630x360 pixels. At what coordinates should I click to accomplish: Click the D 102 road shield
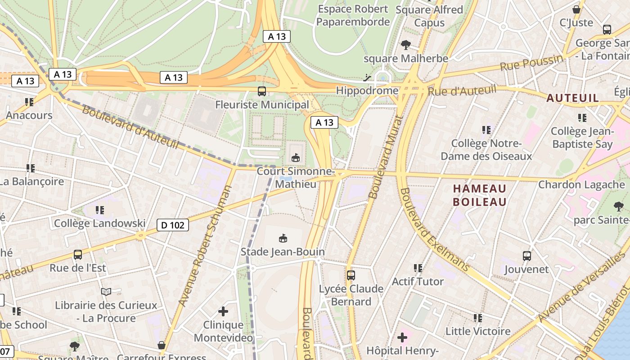coord(173,225)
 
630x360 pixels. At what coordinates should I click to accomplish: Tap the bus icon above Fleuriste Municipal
coord(261,91)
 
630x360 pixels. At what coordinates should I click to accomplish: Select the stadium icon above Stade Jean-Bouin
coord(283,238)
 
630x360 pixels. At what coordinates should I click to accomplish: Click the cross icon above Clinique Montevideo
coord(223,311)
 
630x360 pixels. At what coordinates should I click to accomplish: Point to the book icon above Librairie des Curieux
coord(106,292)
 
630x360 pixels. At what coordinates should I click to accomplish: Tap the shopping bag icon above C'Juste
coord(576,9)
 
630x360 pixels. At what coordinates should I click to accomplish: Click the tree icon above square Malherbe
coord(406,45)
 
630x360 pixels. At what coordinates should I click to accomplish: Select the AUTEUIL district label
coord(572,98)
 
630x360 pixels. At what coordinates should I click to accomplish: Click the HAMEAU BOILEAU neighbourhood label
coord(480,195)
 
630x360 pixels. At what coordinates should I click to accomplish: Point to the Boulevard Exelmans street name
coord(434,229)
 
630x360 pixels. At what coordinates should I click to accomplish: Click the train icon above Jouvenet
coord(526,256)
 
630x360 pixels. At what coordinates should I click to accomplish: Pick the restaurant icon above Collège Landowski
coord(100,210)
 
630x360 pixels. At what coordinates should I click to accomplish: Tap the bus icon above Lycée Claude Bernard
coord(351,275)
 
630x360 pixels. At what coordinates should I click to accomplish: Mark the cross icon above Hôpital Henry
coord(402,337)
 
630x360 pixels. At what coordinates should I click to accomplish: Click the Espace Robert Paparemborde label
coord(353,15)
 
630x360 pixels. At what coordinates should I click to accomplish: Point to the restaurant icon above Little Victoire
coord(478,318)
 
